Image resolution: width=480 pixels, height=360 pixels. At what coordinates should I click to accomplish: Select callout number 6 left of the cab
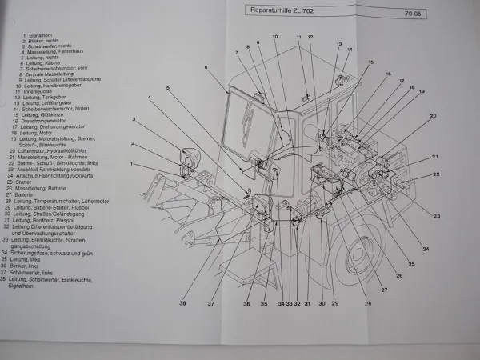point(206,68)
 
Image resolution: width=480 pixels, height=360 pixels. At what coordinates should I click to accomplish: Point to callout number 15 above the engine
point(370,62)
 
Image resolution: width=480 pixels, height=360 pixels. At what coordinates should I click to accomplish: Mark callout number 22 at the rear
point(437,174)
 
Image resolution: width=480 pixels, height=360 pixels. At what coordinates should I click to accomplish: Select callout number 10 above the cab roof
point(274,38)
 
